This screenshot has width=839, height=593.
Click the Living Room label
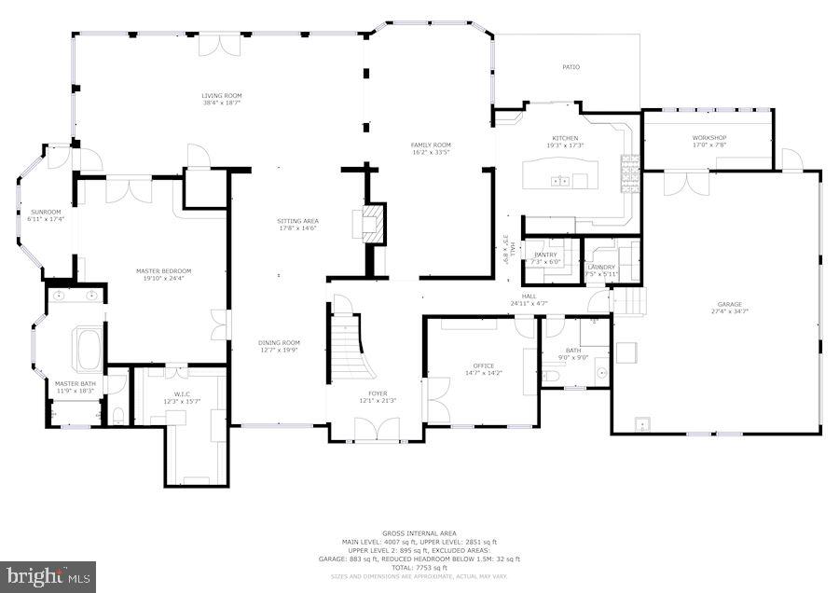pyautogui.click(x=222, y=95)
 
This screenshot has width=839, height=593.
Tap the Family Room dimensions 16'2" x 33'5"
pyautogui.click(x=432, y=152)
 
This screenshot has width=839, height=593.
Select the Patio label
pyautogui.click(x=571, y=67)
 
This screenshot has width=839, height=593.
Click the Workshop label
pyautogui.click(x=708, y=137)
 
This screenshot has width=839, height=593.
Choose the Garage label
pyautogui.click(x=729, y=303)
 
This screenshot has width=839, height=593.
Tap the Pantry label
pyautogui.click(x=545, y=255)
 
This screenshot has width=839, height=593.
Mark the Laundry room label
pyautogui.click(x=601, y=267)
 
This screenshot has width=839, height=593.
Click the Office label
pyautogui.click(x=483, y=365)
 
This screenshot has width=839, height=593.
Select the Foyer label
pyautogui.click(x=378, y=393)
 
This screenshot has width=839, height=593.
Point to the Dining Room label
pyautogui.click(x=279, y=342)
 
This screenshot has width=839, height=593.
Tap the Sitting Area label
pyautogui.click(x=297, y=221)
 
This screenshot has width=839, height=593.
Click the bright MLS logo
pyautogui.click(x=48, y=575)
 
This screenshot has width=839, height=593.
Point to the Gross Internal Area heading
pyautogui.click(x=419, y=533)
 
